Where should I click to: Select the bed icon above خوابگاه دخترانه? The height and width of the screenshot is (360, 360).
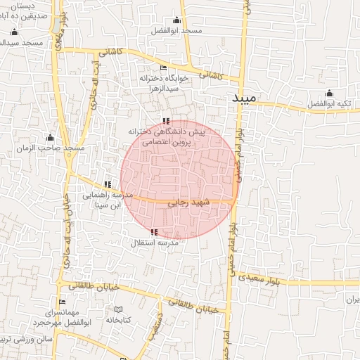pyautogui.click(x=164, y=68)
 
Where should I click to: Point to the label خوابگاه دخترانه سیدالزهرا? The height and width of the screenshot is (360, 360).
pyautogui.click(x=164, y=84)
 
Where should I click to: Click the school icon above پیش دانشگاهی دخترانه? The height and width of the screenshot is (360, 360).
pyautogui.click(x=166, y=121)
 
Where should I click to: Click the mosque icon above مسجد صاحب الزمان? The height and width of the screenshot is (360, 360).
pyautogui.click(x=49, y=137)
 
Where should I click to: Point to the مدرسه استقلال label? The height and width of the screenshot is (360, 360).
pyautogui.click(x=155, y=243)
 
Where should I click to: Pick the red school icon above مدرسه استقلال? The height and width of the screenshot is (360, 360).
pyautogui.click(x=154, y=232)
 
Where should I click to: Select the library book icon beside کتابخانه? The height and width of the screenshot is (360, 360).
pyautogui.click(x=118, y=309)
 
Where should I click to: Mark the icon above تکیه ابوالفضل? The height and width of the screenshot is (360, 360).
pyautogui.click(x=329, y=93)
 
